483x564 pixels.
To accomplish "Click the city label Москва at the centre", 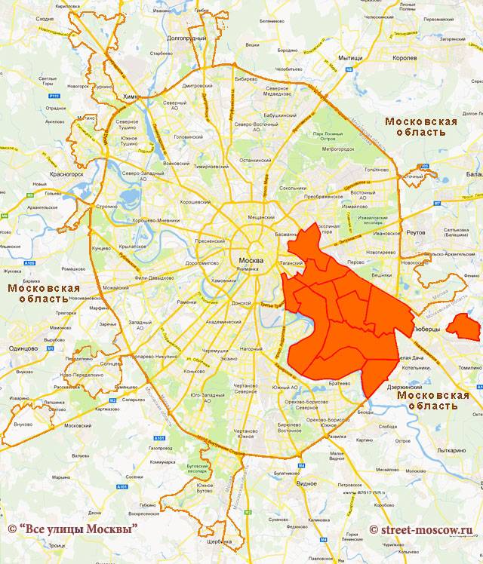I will pos(250,261).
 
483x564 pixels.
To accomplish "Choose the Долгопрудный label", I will pos(186,38).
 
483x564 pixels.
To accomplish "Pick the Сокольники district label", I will pos(294,188).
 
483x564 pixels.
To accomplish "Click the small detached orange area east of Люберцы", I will pos(463,327).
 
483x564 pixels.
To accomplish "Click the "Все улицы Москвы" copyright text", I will pos(72,529).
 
